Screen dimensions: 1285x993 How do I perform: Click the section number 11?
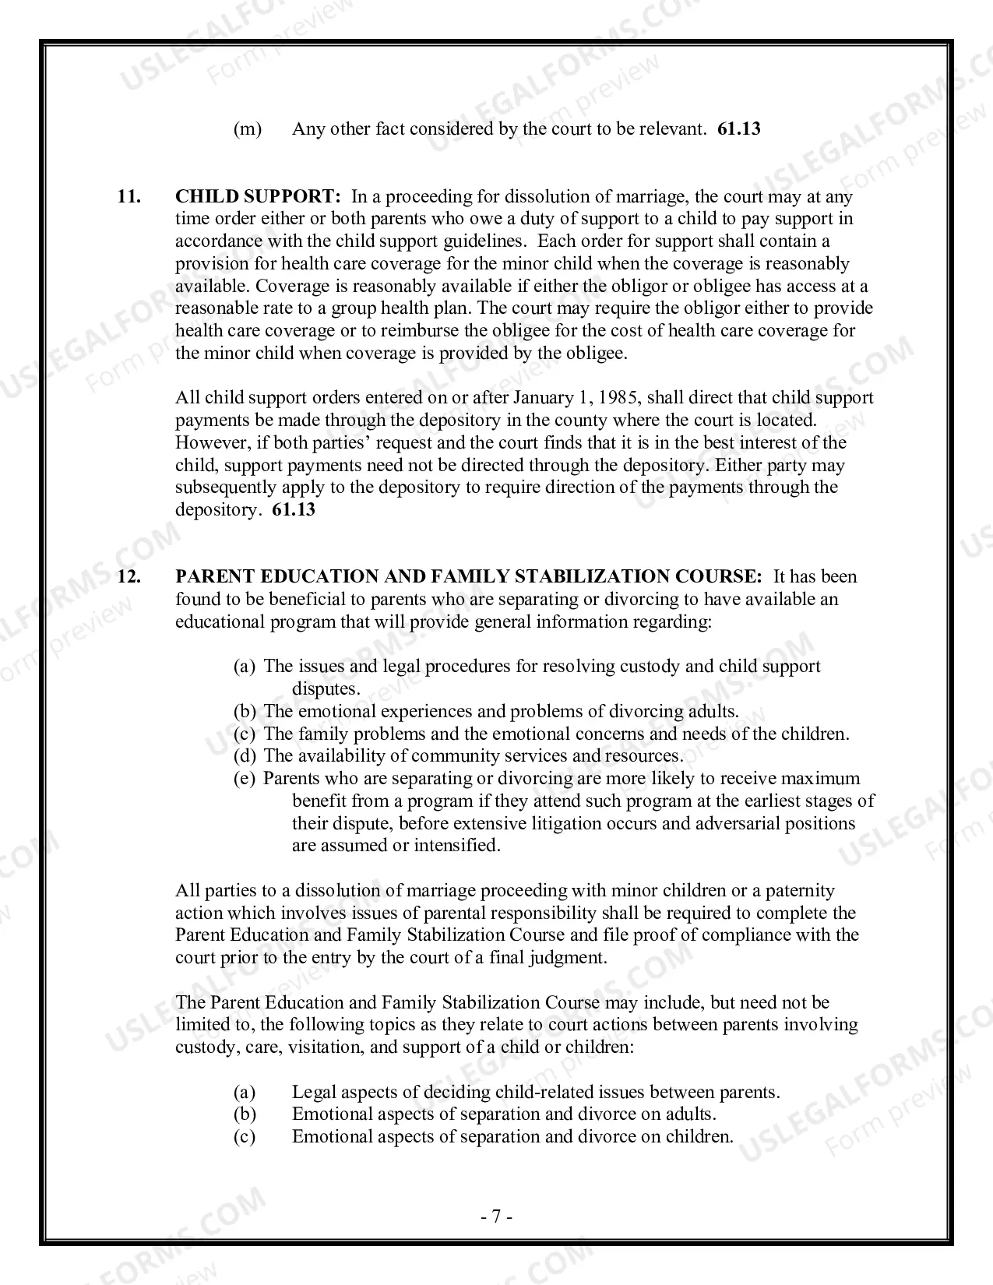(129, 196)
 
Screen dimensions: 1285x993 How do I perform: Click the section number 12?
(129, 577)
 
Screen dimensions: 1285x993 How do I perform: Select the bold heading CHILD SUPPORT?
(258, 196)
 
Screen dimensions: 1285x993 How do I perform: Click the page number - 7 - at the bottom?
(496, 1216)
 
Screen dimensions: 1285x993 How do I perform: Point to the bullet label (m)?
(248, 129)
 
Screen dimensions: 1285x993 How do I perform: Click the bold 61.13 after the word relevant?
(738, 129)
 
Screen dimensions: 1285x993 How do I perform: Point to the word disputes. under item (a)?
(326, 689)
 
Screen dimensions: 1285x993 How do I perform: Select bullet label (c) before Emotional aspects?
(245, 1137)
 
